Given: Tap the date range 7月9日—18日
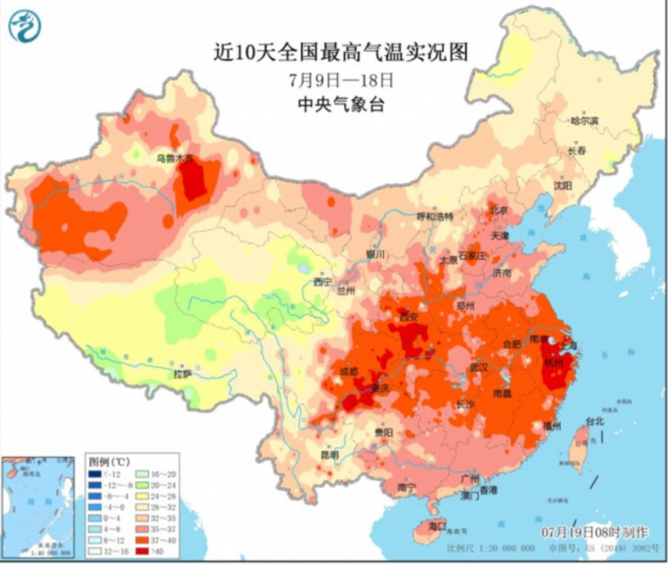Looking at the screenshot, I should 341,81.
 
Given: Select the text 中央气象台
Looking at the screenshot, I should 341,105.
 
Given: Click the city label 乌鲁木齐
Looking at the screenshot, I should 174,159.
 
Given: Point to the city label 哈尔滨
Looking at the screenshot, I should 584,121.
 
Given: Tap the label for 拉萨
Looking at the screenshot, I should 182,374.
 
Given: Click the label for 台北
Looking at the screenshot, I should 595,422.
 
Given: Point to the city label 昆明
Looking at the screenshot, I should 329,454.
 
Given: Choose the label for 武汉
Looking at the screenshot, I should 479,368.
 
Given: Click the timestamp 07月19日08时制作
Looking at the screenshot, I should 595,532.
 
